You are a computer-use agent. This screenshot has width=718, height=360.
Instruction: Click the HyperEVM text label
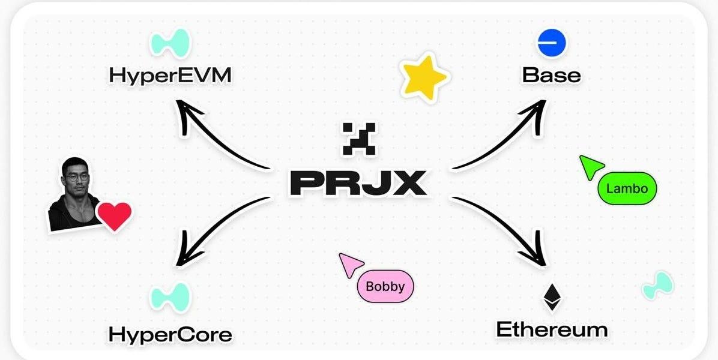170,75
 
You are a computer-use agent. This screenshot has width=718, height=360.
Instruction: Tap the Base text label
551,76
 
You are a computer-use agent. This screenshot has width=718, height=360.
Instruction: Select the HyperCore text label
170,335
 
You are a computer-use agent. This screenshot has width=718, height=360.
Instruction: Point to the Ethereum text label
552,329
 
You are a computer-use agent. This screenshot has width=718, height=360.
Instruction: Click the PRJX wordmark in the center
358,184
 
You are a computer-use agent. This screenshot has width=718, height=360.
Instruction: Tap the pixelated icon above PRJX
359,138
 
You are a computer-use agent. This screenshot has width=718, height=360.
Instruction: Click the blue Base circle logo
551,43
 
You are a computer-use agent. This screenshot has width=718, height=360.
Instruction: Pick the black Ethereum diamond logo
552,298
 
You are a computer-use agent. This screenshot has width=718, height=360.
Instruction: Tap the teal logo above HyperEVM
170,43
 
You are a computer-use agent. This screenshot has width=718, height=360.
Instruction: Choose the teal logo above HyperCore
170,298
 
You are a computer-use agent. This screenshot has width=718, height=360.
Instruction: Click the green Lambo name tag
627,188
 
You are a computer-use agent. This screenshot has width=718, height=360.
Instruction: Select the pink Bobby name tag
385,286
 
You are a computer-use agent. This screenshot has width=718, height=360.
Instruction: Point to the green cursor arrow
591,167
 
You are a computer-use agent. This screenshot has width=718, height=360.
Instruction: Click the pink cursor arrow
351,265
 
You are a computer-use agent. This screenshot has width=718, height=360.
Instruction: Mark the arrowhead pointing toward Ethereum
535,251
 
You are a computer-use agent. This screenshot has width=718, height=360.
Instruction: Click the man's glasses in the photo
76,178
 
